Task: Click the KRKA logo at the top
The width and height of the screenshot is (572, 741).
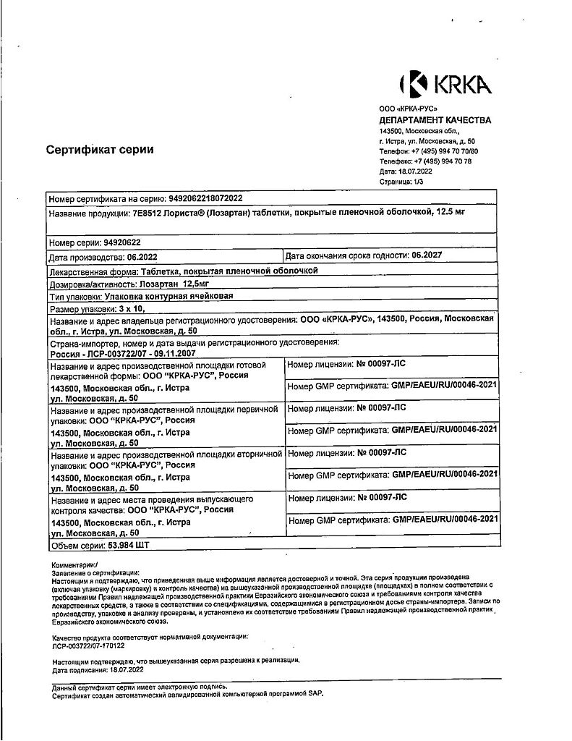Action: (x=445, y=85)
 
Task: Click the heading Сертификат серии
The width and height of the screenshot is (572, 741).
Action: (x=100, y=150)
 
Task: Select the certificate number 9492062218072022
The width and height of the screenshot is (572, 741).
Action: (x=205, y=198)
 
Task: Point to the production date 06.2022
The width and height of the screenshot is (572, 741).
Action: (x=132, y=257)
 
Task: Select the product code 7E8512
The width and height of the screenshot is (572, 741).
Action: (x=147, y=213)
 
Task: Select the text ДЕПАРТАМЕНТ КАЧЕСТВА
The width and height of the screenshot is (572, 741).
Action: (x=435, y=120)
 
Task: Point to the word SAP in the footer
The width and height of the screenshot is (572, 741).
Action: (x=316, y=694)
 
